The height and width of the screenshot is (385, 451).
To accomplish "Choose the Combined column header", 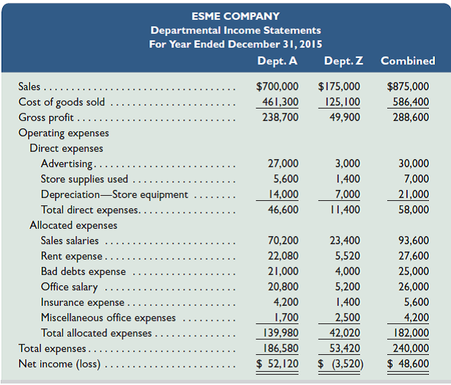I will [x=408, y=61].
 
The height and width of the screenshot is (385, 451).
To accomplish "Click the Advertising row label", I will [x=67, y=164].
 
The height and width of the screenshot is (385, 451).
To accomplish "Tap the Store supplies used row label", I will [x=84, y=179].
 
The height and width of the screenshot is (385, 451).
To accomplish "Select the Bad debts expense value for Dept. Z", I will [x=346, y=271].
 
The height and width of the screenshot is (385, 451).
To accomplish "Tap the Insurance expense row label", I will [x=83, y=302].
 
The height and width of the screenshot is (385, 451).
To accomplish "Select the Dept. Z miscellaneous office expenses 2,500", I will [x=346, y=318].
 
